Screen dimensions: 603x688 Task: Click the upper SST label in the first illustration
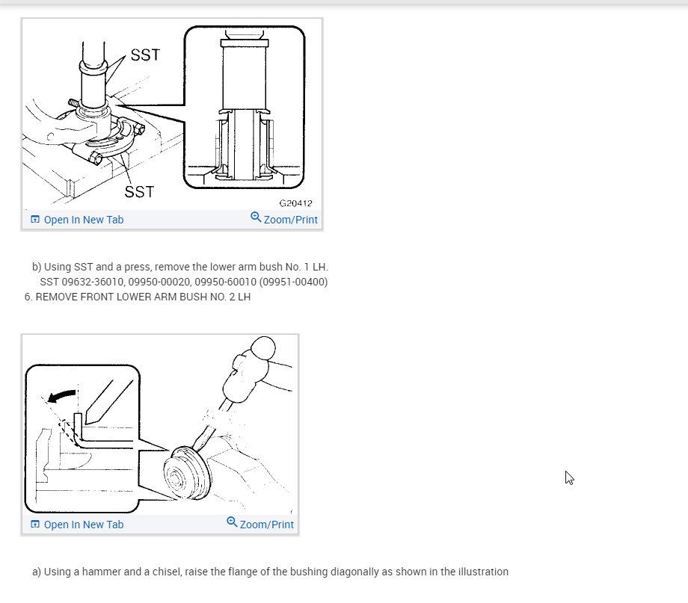(145, 55)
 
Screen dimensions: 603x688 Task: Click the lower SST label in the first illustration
(139, 192)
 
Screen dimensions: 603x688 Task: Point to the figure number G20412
(295, 203)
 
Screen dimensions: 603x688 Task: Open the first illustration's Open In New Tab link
(83, 220)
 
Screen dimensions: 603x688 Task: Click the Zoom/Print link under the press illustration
(290, 220)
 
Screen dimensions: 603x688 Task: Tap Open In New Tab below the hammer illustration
(83, 525)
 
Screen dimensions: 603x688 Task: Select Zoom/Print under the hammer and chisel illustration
(266, 525)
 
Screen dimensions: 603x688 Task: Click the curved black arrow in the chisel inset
(61, 395)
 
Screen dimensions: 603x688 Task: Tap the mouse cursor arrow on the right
(568, 477)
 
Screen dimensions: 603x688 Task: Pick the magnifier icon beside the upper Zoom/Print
(256, 217)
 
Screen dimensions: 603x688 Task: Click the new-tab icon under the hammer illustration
(35, 525)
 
